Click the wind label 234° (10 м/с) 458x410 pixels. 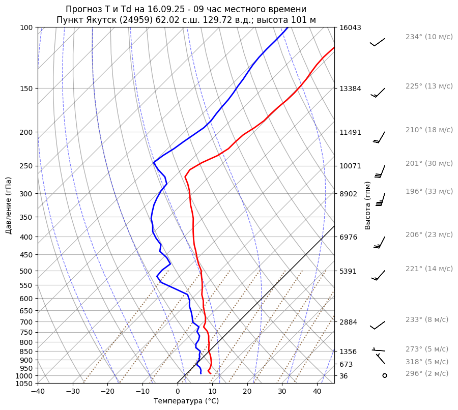coord(429,37)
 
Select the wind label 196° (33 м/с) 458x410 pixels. coord(429,191)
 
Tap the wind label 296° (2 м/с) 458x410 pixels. coord(427,373)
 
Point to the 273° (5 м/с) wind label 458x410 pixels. coord(427,349)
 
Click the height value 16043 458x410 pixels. coord(350,28)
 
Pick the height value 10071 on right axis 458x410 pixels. coord(350,166)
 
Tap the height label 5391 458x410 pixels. coord(348,271)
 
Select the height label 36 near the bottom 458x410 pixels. coord(343,376)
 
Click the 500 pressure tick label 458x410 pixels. coord(26,271)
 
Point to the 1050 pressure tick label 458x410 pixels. coord(24,384)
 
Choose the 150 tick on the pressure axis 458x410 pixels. coord(26,89)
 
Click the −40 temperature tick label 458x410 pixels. coord(38,392)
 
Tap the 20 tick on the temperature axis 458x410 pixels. coord(247,392)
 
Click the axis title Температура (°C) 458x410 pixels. coord(186,401)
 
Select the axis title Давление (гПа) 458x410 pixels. coord(9,205)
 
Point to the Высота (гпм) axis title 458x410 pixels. coord(368,205)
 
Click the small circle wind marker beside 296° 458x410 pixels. coord(384,375)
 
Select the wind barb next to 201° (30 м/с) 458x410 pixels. coord(380,171)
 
